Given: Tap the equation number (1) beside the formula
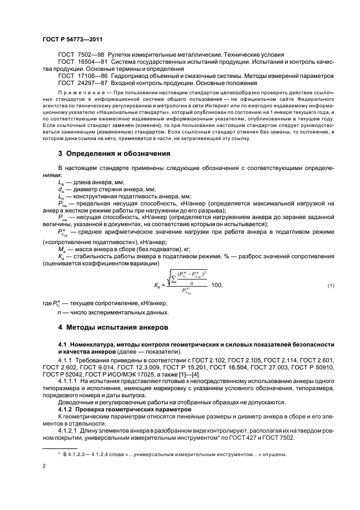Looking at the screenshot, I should pos(330,286).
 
